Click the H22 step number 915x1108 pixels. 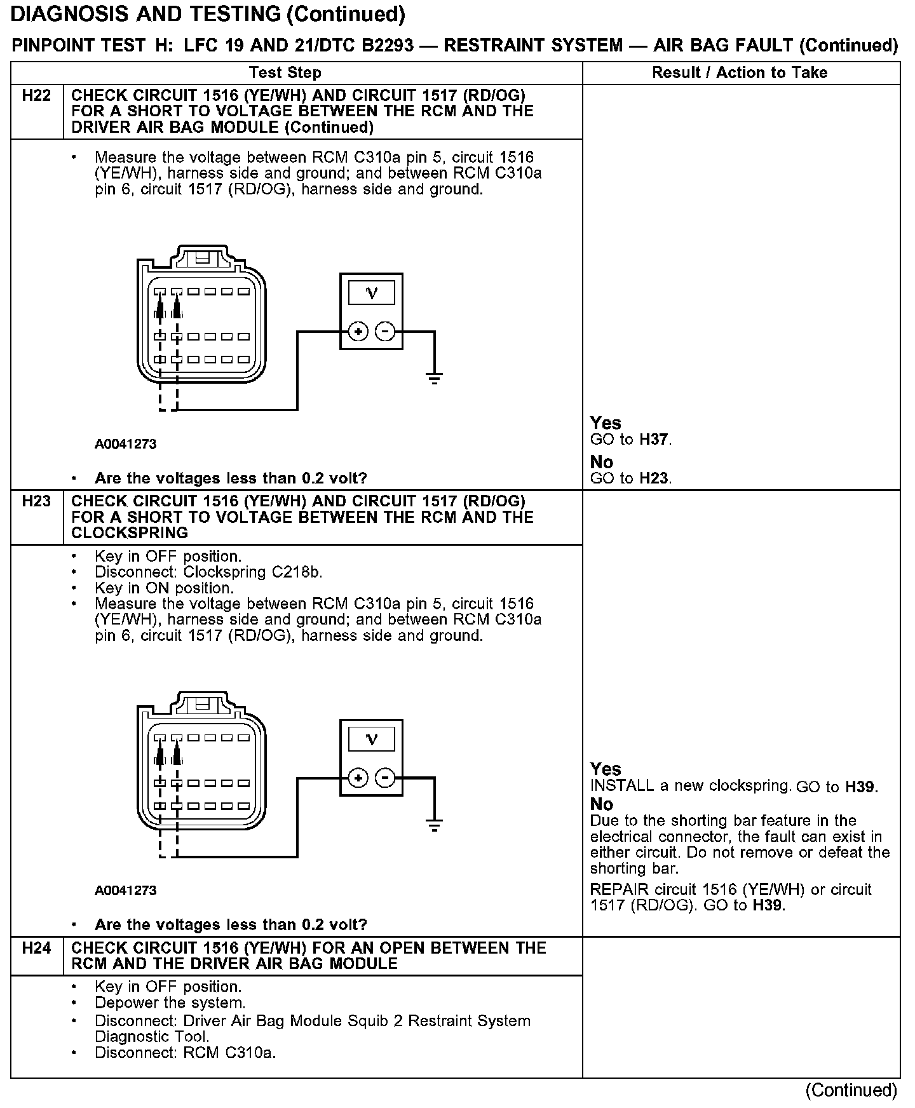36,96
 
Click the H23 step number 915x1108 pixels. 36,501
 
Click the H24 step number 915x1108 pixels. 36,948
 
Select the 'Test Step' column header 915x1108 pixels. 285,72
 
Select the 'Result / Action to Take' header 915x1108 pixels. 740,72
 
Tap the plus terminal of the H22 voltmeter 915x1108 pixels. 358,332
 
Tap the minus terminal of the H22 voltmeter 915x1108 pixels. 385,332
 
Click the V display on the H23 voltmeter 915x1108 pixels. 372,740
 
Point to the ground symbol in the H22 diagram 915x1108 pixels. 435,379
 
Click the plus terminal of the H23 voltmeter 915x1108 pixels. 358,778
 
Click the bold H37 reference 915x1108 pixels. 654,440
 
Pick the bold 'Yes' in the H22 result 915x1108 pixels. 606,423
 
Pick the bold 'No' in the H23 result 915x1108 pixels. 602,804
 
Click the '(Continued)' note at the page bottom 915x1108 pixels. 851,1090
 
